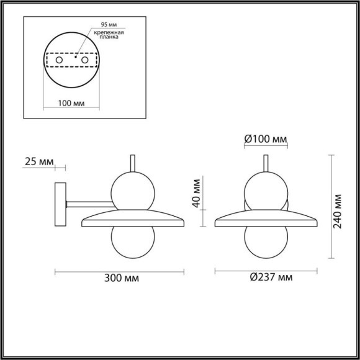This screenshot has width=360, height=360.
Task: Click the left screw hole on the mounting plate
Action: [59, 60]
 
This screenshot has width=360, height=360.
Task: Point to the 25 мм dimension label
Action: [38, 162]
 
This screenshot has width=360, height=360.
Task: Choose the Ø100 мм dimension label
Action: [265, 140]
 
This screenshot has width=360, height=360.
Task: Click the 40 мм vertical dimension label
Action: [196, 193]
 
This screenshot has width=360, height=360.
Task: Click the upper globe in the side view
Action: [130, 190]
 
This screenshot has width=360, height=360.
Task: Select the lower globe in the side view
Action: [130, 243]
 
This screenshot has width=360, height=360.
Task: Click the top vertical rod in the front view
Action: [266, 162]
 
